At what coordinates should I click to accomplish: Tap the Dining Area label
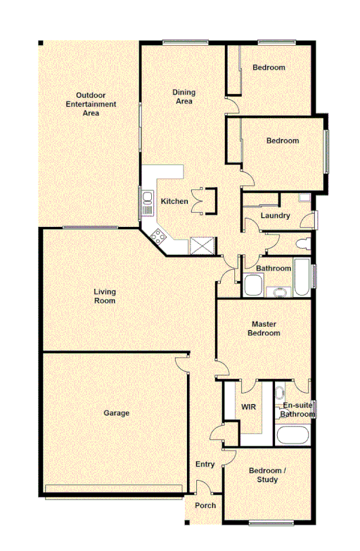[184, 96]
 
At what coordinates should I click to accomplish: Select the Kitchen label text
[174, 202]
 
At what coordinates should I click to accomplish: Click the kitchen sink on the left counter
[148, 204]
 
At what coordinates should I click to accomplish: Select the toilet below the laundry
[304, 244]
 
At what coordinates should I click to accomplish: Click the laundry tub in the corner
[303, 198]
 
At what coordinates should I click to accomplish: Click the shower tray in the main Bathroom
[253, 287]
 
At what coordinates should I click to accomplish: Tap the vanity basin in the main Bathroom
[279, 290]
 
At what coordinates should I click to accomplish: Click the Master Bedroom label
[266, 328]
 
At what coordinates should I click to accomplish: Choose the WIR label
[248, 407]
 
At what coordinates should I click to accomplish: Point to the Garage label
[117, 413]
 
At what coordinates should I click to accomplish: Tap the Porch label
[205, 506]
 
